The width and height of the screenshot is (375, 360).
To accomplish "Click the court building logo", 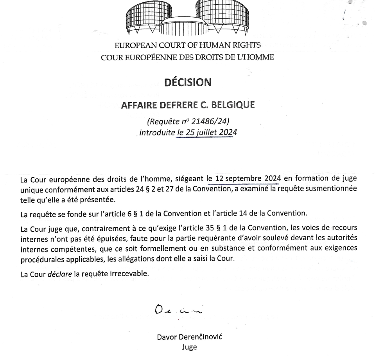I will point(187,18).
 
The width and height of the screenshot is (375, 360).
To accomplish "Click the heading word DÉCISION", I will point(187,82).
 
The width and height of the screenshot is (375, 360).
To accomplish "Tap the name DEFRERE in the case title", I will point(165,105).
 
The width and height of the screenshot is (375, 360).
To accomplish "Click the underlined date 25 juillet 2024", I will point(207,133).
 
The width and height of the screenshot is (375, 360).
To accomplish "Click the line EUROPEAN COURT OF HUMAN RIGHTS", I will point(187,45).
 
